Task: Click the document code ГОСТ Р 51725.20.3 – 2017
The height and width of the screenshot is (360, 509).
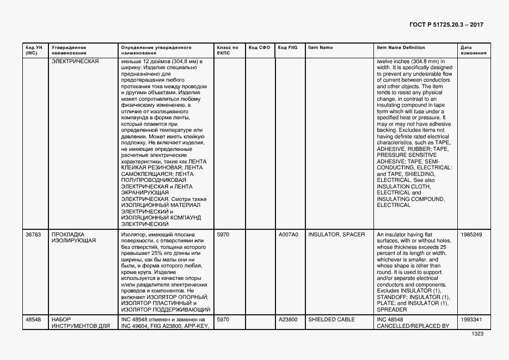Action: tap(446, 25)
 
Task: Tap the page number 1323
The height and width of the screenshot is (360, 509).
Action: tap(477, 334)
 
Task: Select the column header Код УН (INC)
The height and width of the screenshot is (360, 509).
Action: tap(32, 50)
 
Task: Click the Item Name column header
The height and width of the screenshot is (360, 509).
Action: tap(320, 48)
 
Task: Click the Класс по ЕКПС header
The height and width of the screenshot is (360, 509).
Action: tap(228, 50)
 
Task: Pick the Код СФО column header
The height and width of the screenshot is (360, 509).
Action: tap(259, 48)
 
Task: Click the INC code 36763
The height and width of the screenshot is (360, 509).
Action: tap(33, 235)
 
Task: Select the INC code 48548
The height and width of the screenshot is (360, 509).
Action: tap(33, 320)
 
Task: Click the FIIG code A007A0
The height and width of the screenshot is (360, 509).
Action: tap(288, 235)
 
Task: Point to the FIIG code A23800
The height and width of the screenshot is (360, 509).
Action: tap(288, 320)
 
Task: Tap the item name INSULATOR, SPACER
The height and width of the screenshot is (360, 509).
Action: tap(336, 235)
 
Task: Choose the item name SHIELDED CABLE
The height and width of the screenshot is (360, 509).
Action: tap(332, 320)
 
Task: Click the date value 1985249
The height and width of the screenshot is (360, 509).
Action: tap(471, 235)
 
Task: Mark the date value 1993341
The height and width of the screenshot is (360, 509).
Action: tap(471, 320)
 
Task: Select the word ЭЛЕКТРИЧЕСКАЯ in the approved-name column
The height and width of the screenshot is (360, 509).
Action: tap(75, 62)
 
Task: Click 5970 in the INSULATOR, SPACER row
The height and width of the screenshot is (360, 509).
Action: tap(224, 235)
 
